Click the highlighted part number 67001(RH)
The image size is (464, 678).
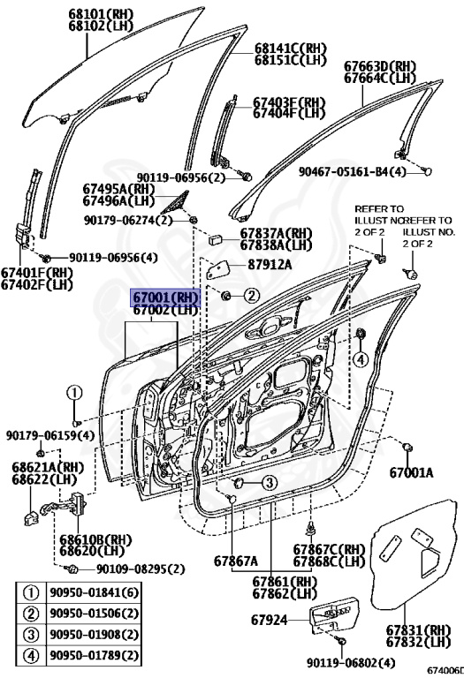pyautogui.click(x=166, y=297)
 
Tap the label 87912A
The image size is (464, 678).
pyautogui.click(x=269, y=264)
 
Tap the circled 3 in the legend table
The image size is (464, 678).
pyautogui.click(x=31, y=635)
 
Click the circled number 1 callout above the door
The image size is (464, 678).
pyautogui.click(x=74, y=393)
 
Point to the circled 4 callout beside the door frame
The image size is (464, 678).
pyautogui.click(x=360, y=358)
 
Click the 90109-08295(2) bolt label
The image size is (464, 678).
pyautogui.click(x=141, y=569)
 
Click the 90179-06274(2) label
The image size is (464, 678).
pyautogui.click(x=128, y=220)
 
